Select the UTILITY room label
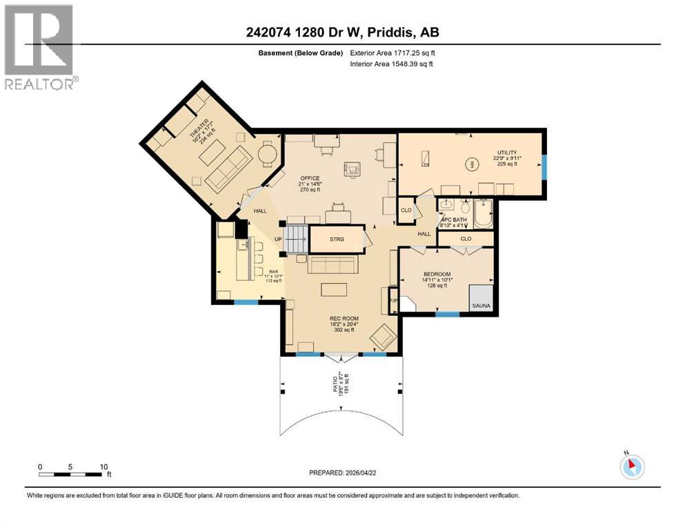(507, 153)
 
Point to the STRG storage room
(337, 240)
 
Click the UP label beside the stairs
(279, 239)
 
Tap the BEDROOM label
(437, 275)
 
